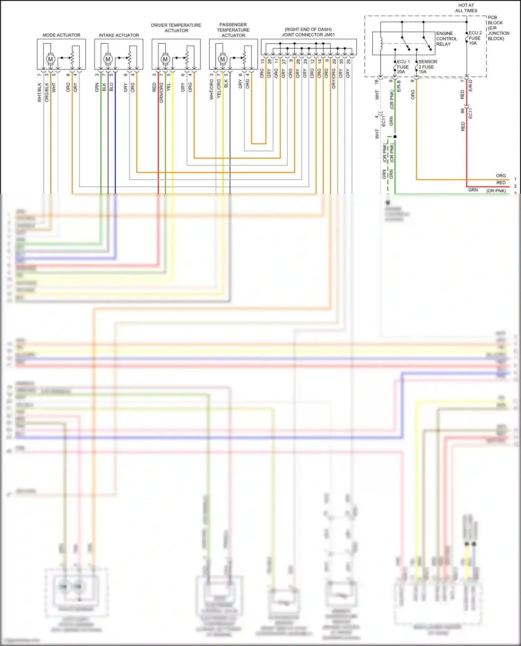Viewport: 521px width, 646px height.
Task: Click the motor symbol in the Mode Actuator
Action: click(x=50, y=59)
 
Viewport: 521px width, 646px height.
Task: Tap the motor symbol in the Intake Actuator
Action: click(x=108, y=59)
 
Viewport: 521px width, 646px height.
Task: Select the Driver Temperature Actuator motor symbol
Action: click(x=165, y=59)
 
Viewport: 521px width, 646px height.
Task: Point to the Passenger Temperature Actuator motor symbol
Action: click(x=222, y=59)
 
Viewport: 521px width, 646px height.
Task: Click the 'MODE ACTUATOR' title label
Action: click(x=61, y=35)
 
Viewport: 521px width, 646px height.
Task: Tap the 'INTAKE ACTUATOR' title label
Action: click(x=119, y=35)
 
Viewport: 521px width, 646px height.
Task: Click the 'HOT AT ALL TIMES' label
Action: click(x=466, y=8)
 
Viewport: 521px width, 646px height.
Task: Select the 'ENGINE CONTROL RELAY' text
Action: click(x=446, y=39)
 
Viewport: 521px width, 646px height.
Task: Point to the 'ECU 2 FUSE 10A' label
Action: click(x=475, y=38)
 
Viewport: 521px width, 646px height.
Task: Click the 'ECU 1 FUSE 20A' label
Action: click(x=403, y=67)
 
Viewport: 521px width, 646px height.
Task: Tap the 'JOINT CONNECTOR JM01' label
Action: click(x=308, y=35)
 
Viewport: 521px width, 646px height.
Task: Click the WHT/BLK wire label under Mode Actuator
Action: click(x=39, y=92)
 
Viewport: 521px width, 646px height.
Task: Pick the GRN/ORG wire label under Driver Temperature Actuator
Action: click(x=161, y=93)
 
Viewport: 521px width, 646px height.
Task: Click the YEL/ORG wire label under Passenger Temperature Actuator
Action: click(x=218, y=89)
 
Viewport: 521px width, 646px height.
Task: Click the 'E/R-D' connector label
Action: click(x=470, y=86)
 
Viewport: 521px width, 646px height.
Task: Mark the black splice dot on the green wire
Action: click(x=395, y=136)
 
